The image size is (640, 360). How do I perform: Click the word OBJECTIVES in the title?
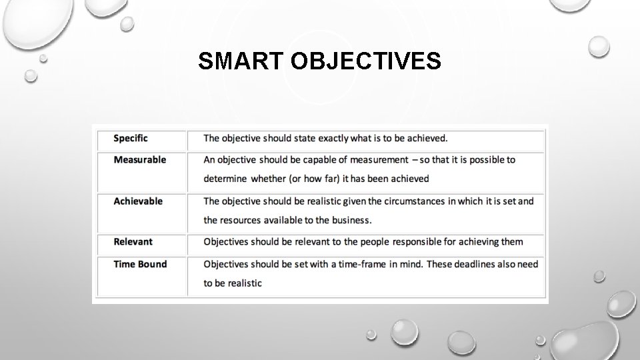[365, 61]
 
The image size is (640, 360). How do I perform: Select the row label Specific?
[131, 139]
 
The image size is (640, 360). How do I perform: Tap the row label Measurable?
[140, 160]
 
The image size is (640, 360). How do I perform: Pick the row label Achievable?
[138, 201]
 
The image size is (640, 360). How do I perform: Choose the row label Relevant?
[133, 242]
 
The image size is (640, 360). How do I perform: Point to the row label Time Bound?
[140, 264]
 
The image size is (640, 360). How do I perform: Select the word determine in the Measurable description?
[225, 179]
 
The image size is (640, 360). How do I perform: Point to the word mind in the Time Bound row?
[408, 264]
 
